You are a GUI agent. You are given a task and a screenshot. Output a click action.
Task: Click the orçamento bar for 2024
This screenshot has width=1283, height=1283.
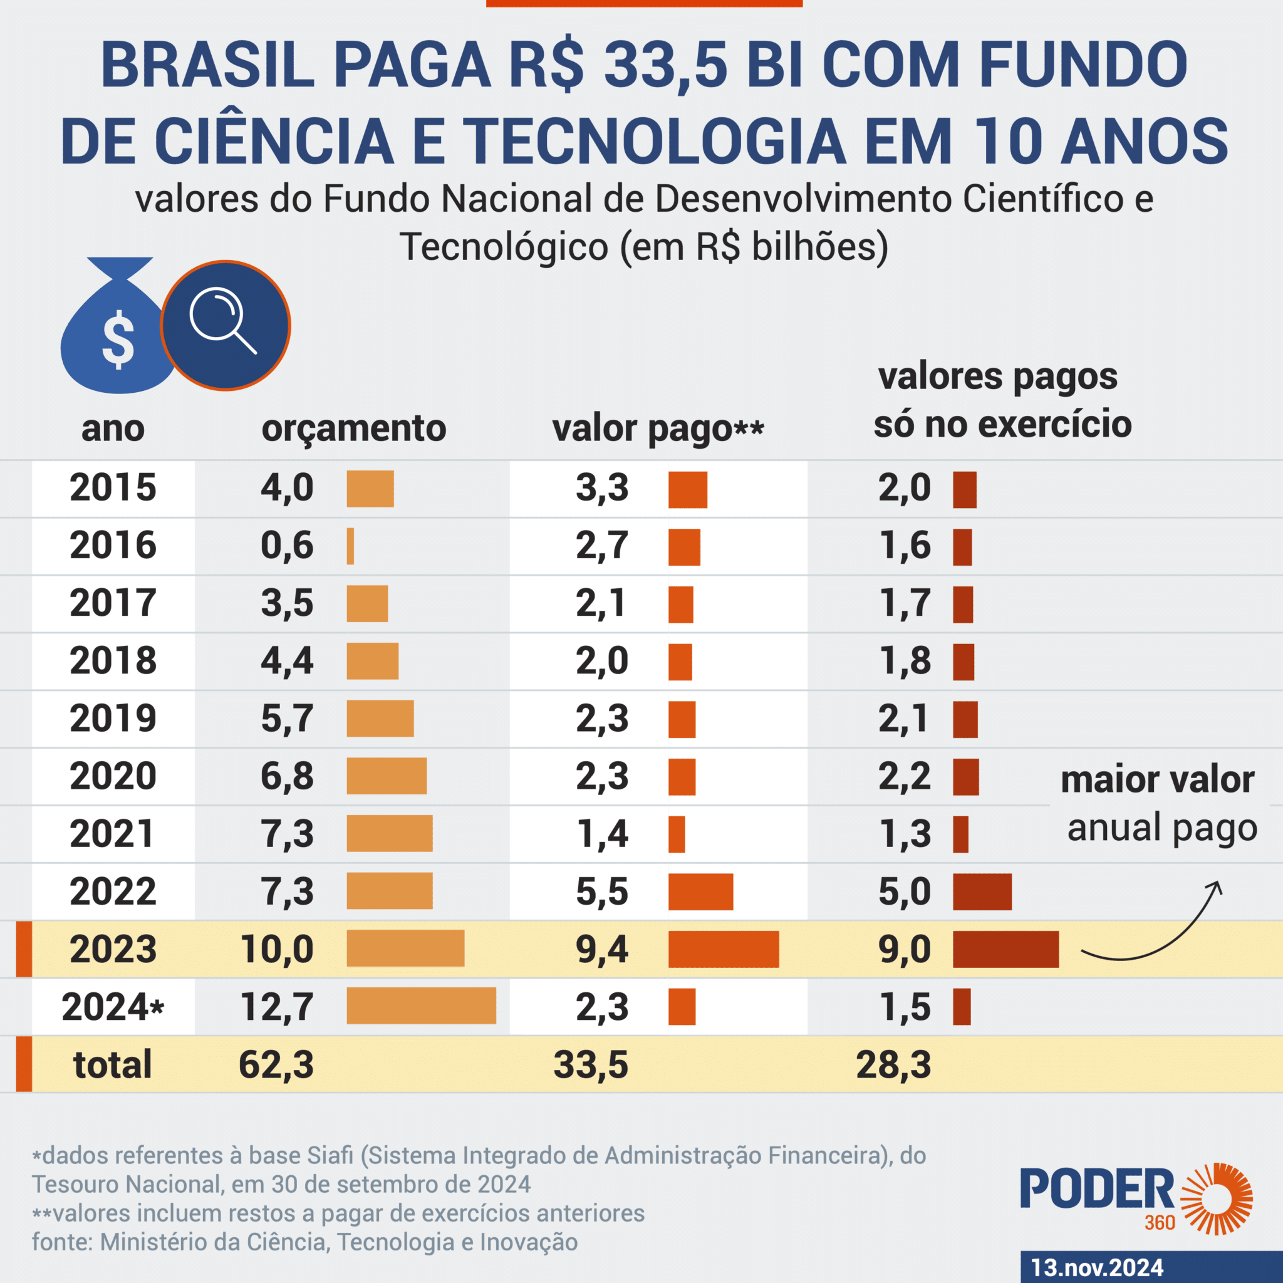[421, 1005]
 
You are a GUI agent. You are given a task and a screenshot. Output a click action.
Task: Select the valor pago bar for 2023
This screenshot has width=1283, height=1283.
[723, 949]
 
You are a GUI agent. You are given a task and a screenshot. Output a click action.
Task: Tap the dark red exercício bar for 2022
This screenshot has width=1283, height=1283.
[982, 891]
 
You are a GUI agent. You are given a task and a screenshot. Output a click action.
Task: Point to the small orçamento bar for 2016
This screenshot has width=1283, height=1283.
[351, 546]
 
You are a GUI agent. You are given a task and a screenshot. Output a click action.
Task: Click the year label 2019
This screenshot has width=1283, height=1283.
[113, 718]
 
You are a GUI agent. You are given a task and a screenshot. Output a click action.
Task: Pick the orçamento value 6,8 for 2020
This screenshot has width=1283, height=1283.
[287, 776]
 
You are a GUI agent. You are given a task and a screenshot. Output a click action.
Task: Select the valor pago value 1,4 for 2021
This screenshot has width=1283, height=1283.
[602, 833]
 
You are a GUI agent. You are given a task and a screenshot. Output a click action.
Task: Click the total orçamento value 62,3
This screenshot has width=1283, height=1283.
[276, 1064]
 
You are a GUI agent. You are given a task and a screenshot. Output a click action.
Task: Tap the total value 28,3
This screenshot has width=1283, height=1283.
[893, 1064]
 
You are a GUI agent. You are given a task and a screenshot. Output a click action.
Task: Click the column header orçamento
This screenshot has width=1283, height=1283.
[354, 429]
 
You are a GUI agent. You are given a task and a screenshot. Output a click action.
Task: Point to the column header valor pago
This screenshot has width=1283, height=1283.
[657, 429]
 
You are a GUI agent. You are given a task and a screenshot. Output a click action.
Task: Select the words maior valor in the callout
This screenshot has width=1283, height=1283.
[1158, 779]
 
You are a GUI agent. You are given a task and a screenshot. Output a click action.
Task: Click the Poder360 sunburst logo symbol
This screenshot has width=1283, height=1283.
[1217, 1198]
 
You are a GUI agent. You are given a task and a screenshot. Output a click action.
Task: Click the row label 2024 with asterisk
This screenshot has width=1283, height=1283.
[113, 1006]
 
